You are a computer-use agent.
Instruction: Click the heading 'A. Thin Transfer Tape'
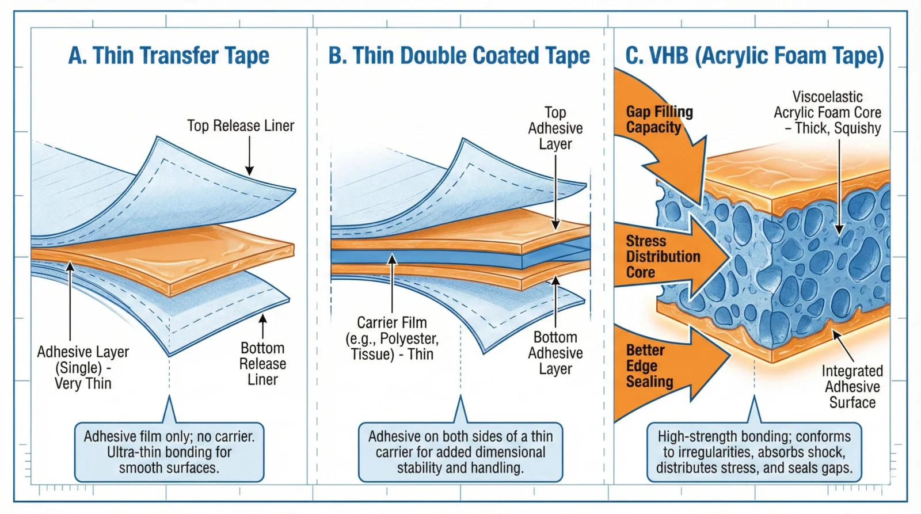coord(169,56)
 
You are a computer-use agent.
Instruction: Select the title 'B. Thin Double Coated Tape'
coord(459,56)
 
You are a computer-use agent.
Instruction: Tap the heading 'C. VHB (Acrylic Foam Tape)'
coord(754,56)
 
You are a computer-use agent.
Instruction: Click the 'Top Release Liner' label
coord(241,125)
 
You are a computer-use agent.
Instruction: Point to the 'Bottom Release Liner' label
coord(262,364)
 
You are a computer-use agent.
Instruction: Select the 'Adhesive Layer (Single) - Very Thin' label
coord(83,367)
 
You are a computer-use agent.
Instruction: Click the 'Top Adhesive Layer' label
coord(555,128)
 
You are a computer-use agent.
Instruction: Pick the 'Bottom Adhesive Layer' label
coord(555,353)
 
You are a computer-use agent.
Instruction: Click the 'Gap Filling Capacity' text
coord(659,119)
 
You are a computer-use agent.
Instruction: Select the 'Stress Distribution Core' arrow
coord(668,257)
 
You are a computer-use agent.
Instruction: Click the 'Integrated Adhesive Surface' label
coord(852,387)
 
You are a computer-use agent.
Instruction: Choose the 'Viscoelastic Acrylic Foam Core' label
coord(827,112)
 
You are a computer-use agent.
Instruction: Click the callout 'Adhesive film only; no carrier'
coord(169,452)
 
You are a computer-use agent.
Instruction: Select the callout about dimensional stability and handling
coord(460,452)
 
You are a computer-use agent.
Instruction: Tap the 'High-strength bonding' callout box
coord(753,452)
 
